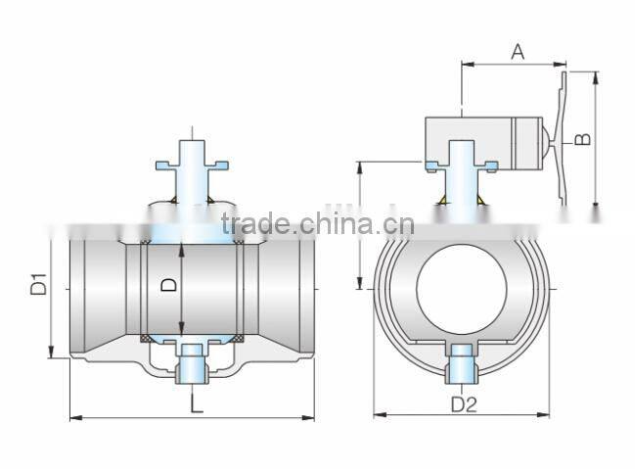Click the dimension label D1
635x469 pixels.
pyautogui.click(x=38, y=287)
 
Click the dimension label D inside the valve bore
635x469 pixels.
pyautogui.click(x=169, y=285)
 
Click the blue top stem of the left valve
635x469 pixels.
pyautogui.click(x=193, y=166)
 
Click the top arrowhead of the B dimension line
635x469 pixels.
pyautogui.click(x=596, y=75)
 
